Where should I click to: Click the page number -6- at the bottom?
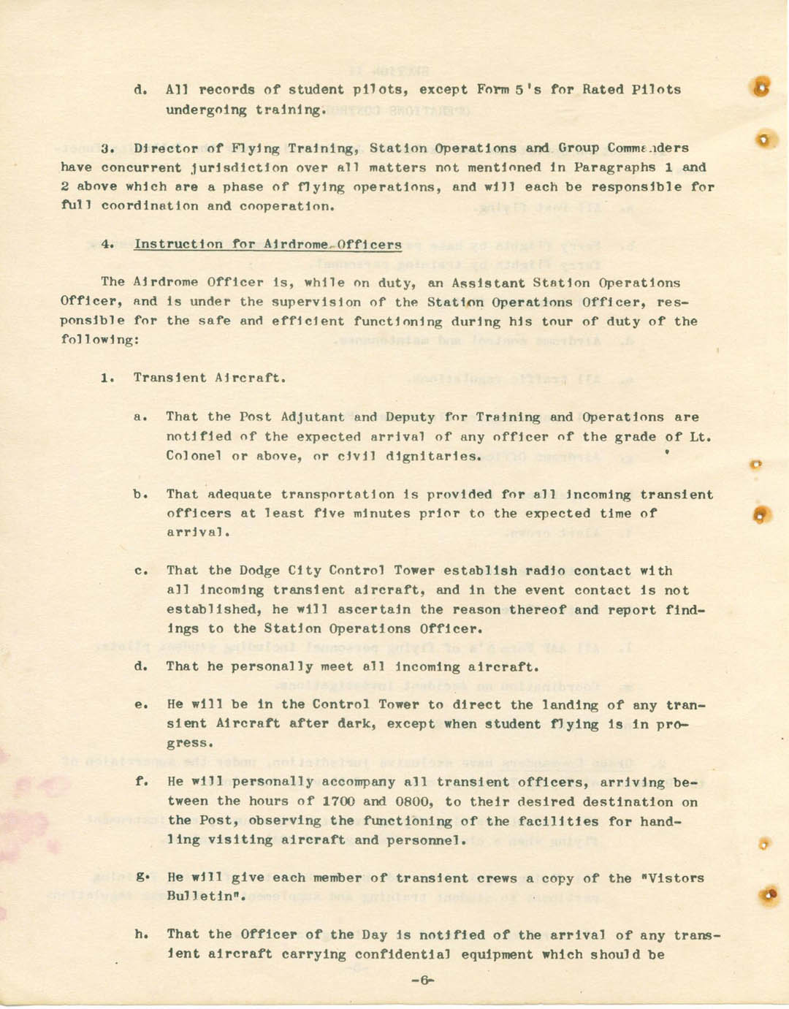pos(422,981)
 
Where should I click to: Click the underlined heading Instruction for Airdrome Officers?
pos(267,244)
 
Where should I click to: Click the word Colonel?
pos(194,456)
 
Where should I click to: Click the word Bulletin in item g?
pos(205,896)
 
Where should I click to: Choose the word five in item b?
pos(329,514)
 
